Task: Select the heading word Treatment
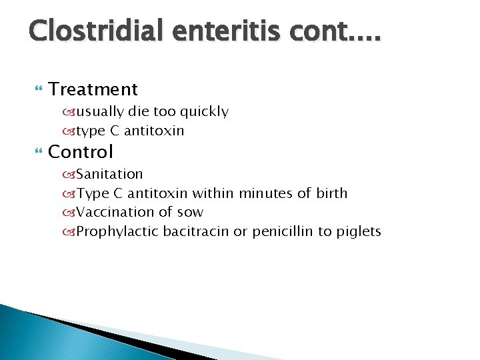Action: click(x=93, y=89)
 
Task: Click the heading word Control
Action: click(x=81, y=151)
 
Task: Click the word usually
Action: click(x=100, y=112)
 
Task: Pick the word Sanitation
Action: click(x=109, y=174)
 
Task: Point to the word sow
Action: click(x=192, y=213)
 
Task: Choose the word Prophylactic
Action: click(x=118, y=232)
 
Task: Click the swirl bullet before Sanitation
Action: click(x=70, y=175)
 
